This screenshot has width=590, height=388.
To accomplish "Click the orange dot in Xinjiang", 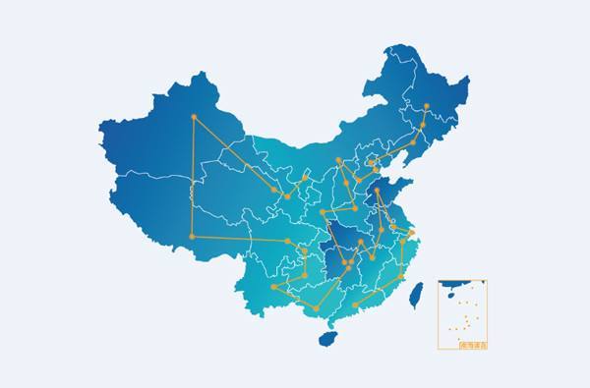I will tap(194, 117).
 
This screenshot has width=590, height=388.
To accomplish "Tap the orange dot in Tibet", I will tap(191, 237).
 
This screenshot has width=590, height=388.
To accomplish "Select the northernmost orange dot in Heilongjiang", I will tap(426, 106).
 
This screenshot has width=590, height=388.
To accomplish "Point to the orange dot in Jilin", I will tap(423, 125).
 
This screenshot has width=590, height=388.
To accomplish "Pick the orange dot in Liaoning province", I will tap(413, 142).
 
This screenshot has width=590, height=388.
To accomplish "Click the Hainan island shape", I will tap(328, 338).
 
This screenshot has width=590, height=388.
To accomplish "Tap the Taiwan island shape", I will tap(416, 295).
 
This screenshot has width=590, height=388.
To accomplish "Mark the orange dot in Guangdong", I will tap(355, 305).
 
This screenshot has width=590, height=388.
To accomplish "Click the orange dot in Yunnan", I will tap(274, 287).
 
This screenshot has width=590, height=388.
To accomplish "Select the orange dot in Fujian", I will tap(399, 277).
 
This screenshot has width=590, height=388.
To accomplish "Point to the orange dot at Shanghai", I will tap(413, 233).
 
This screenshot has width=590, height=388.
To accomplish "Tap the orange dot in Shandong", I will tap(377, 191).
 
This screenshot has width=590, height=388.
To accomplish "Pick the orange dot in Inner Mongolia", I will tap(338, 160).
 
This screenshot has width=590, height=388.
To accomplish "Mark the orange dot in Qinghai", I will tap(271, 189).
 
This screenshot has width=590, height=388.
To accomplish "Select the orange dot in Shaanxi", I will tap(323, 211).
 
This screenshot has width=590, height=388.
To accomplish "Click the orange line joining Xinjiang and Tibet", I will tap(192, 177).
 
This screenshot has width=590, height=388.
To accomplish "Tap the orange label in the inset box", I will tap(473, 345).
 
